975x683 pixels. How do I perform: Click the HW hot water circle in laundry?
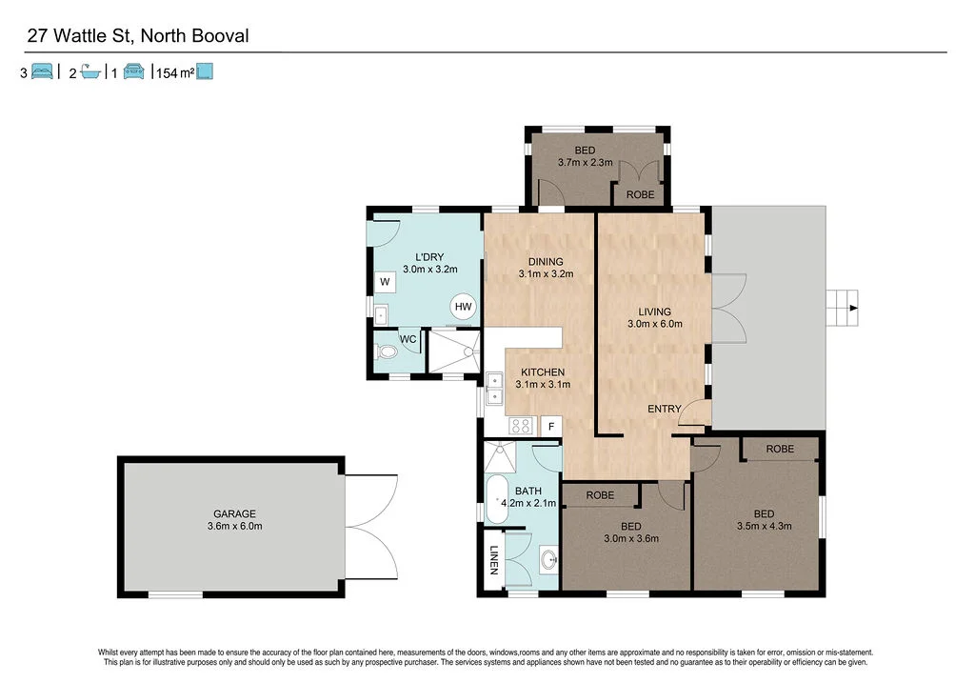click(x=464, y=306)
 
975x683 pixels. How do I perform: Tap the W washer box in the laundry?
click(x=385, y=282)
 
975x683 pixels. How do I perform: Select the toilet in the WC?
click(x=387, y=352)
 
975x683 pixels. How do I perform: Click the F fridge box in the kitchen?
click(x=550, y=427)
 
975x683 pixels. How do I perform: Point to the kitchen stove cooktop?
click(x=521, y=427)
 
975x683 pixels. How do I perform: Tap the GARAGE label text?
click(x=234, y=514)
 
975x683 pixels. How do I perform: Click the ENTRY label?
click(x=664, y=409)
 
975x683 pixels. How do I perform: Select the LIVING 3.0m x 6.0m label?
click(x=655, y=317)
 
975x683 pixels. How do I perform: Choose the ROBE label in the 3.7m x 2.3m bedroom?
click(x=639, y=194)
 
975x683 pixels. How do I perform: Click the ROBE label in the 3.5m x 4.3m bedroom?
click(x=780, y=449)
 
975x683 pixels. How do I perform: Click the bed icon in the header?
click(x=43, y=72)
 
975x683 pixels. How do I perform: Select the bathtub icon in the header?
click(x=90, y=72)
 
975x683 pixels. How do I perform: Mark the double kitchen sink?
click(x=495, y=389)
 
